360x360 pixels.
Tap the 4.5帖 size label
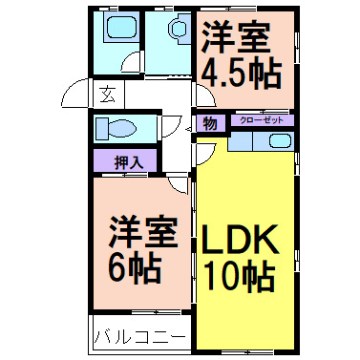pos(242,74)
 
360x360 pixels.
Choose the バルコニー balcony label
pos(141,337)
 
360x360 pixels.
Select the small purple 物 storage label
pos(209,121)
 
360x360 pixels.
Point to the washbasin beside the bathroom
pos(177,31)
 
